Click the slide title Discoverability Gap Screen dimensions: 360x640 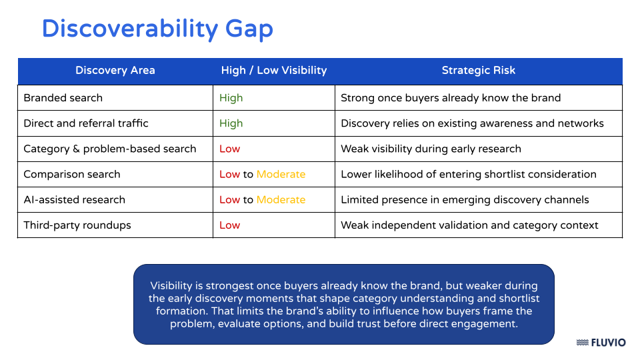click(157, 29)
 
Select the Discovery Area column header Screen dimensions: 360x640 click(115, 71)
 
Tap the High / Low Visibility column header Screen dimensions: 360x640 click(274, 71)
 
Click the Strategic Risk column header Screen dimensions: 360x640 click(478, 71)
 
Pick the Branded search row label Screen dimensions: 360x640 click(63, 98)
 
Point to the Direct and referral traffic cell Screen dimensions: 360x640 click(86, 123)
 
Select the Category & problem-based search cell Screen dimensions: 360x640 click(110, 149)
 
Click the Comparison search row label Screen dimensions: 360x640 click(72, 174)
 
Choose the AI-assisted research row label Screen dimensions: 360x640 click(74, 199)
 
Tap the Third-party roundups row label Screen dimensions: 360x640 click(77, 225)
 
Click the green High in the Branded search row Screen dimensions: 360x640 click(231, 98)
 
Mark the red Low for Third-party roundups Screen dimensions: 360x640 click(229, 225)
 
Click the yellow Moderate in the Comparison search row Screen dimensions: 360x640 click(281, 174)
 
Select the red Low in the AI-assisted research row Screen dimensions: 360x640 click(229, 199)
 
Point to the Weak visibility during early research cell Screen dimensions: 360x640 click(431, 149)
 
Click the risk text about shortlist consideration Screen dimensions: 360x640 click(468, 174)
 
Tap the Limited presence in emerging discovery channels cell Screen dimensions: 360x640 click(465, 199)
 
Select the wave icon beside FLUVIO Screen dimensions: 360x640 click(582, 343)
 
